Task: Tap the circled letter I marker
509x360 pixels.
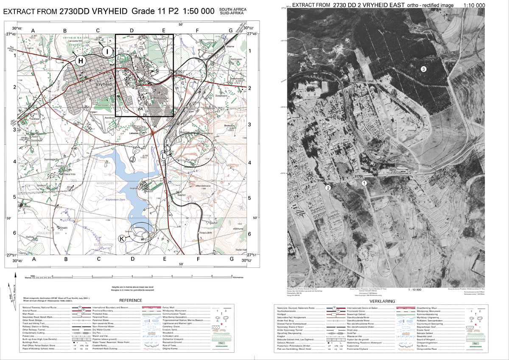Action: click(x=108, y=52)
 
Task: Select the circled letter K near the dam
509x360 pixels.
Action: click(x=122, y=239)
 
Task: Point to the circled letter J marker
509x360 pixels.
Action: click(x=132, y=160)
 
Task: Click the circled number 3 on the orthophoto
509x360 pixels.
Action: click(x=423, y=69)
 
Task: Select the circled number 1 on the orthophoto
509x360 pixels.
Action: click(x=364, y=183)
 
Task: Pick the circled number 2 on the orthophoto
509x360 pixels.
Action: click(x=328, y=188)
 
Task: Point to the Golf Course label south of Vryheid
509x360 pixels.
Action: click(x=103, y=104)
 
